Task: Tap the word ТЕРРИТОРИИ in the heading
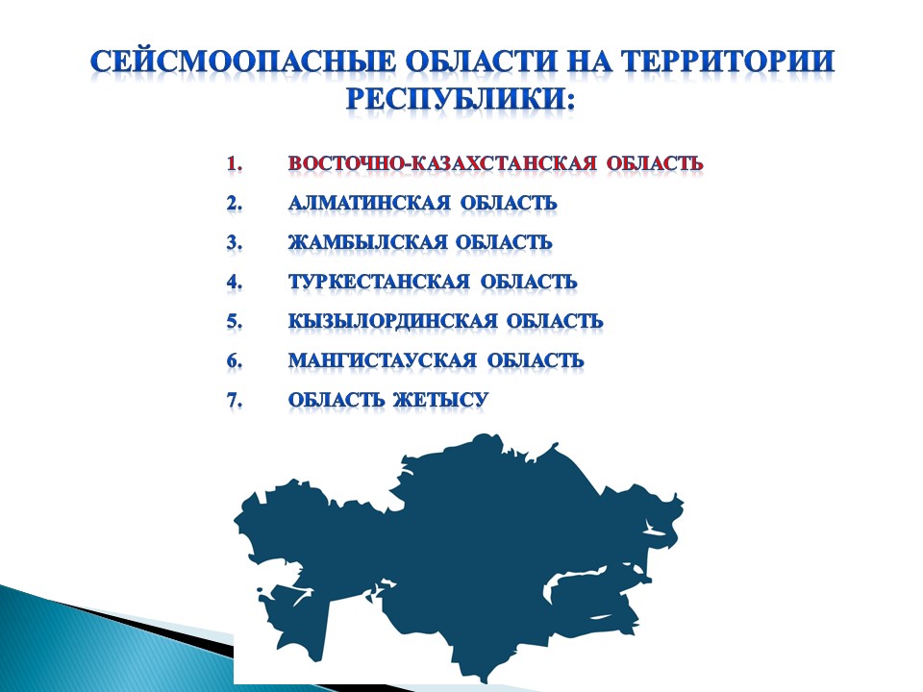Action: [x=728, y=62]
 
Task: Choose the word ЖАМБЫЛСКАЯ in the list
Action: [x=367, y=242]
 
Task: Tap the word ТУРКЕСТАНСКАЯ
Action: [x=379, y=282]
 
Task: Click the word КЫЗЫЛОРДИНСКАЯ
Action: [x=392, y=321]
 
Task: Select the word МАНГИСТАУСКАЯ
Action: [x=382, y=360]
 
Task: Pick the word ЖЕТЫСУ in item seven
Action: [x=440, y=400]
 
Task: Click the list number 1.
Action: [x=234, y=163]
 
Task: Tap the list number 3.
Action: [x=234, y=242]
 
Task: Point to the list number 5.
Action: [x=234, y=321]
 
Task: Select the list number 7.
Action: [x=234, y=400]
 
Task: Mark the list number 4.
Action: [x=234, y=282]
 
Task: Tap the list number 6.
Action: [x=234, y=360]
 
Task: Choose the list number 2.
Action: [x=234, y=203]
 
